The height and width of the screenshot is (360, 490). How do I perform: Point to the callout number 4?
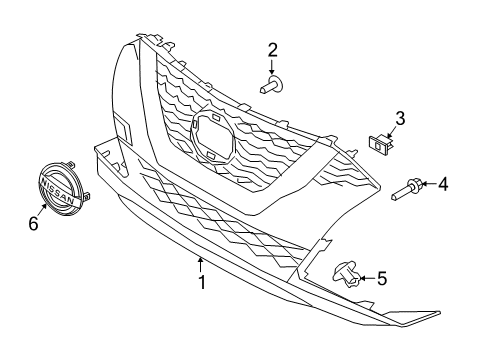443,183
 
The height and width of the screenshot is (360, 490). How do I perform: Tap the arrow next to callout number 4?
426,184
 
